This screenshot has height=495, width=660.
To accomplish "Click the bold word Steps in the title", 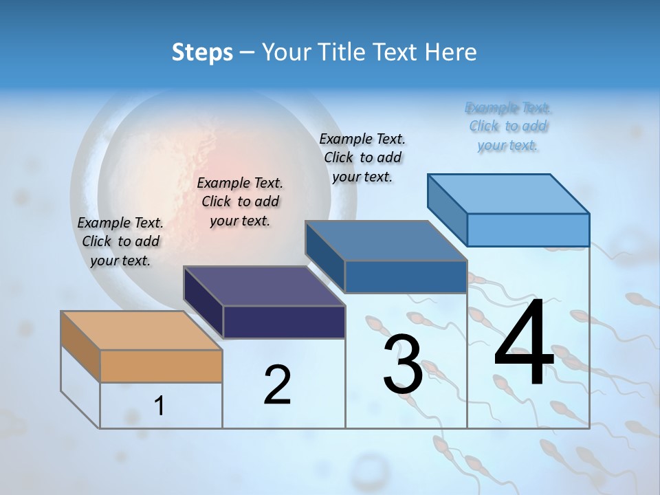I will click(x=202, y=52).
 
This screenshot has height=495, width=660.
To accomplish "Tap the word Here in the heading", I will click(x=450, y=52).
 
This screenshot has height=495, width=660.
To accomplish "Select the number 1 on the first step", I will click(x=159, y=406).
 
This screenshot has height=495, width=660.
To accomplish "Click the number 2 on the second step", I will click(x=277, y=385).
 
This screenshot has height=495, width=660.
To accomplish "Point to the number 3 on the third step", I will click(x=402, y=364).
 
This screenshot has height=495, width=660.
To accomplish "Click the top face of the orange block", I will click(x=141, y=331).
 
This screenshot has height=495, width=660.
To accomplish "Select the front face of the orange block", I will click(x=161, y=366).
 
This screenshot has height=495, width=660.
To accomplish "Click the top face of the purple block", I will click(x=264, y=286).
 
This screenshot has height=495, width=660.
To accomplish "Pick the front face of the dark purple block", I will click(x=284, y=322).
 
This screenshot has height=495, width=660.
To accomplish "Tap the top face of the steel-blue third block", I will click(x=386, y=241).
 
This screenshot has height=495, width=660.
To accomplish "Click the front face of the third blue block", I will click(x=406, y=276).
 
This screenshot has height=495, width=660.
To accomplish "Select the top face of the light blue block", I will click(x=509, y=193).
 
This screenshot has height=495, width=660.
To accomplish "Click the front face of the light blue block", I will click(x=528, y=230).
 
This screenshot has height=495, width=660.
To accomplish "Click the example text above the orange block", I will click(x=120, y=241).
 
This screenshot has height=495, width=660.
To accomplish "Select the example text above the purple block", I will click(x=240, y=201).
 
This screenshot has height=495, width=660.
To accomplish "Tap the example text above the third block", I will click(x=362, y=157).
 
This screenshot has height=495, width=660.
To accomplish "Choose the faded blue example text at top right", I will click(x=508, y=126).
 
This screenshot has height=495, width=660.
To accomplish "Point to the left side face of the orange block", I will click(x=80, y=346).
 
